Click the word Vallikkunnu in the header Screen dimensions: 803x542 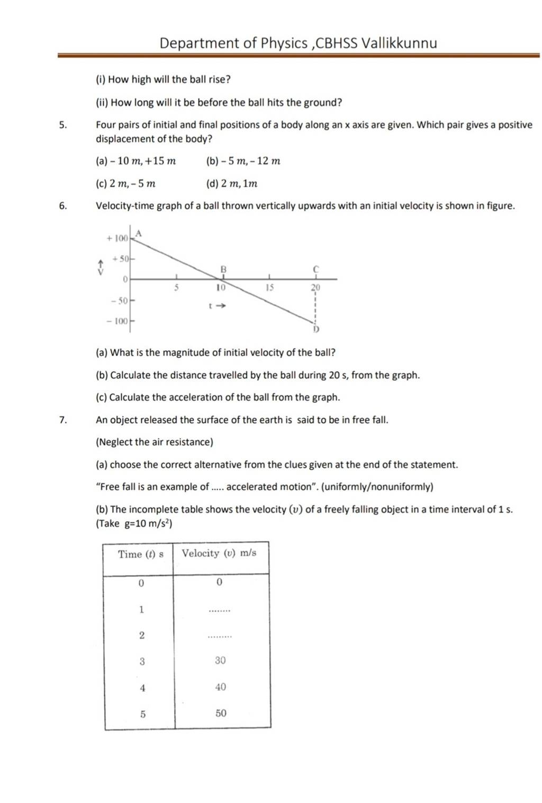pyautogui.click(x=399, y=43)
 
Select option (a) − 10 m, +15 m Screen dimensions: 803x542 pyautogui.click(x=136, y=161)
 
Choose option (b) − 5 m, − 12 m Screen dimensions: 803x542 pyautogui.click(x=243, y=161)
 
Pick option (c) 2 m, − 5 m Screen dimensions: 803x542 pyautogui.click(x=125, y=184)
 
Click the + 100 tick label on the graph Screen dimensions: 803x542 pyautogui.click(x=117, y=239)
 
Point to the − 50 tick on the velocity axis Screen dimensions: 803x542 pyautogui.click(x=120, y=301)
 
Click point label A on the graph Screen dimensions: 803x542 pyautogui.click(x=139, y=233)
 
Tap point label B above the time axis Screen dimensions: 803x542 pyautogui.click(x=223, y=270)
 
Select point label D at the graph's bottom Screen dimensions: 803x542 pyautogui.click(x=316, y=329)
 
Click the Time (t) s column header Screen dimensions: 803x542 pyautogui.click(x=141, y=554)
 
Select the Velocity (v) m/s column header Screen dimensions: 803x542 pyautogui.click(x=219, y=553)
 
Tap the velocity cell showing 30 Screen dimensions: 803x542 pyautogui.click(x=221, y=660)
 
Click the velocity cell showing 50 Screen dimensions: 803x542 pyautogui.click(x=221, y=713)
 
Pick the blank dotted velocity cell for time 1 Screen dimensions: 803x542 pyautogui.click(x=220, y=611)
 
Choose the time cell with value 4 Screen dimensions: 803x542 pyautogui.click(x=142, y=688)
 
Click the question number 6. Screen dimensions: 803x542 pyautogui.click(x=63, y=206)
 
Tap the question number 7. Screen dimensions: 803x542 pyautogui.click(x=63, y=420)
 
